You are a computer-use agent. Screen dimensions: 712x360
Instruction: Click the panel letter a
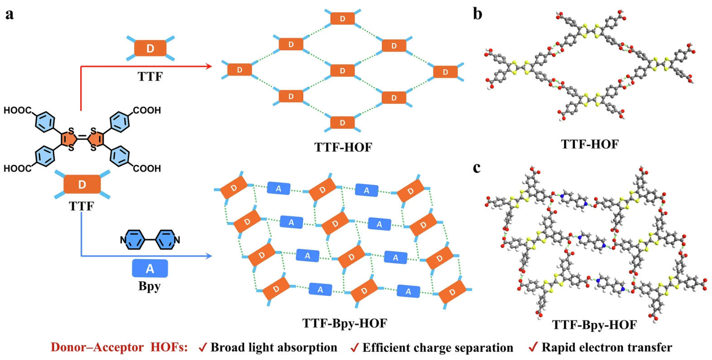(x=10, y=14)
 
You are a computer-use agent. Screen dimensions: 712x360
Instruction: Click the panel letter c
(x=477, y=168)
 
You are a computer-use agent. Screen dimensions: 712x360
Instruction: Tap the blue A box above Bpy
(x=150, y=268)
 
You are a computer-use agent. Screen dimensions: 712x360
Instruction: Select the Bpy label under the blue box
(x=149, y=286)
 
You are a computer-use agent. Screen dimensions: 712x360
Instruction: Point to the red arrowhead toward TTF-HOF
(x=209, y=66)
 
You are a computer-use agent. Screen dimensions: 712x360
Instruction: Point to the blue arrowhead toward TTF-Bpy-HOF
(x=209, y=256)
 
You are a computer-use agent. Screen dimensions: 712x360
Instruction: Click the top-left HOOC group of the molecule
(x=18, y=110)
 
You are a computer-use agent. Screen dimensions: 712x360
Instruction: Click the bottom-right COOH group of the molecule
(x=147, y=168)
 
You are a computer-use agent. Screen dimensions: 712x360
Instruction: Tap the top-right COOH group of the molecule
(x=147, y=110)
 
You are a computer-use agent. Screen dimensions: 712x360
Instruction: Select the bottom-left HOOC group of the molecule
(x=18, y=168)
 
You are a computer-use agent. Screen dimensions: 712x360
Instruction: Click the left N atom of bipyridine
(x=123, y=240)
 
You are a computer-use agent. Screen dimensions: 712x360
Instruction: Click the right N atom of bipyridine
(x=177, y=240)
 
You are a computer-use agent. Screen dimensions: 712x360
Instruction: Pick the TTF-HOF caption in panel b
(x=590, y=144)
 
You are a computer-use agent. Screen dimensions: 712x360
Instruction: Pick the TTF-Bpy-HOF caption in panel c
(x=595, y=325)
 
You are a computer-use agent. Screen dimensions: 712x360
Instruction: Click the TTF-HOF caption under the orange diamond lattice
(x=343, y=147)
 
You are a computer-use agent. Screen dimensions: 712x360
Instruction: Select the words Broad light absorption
(x=274, y=348)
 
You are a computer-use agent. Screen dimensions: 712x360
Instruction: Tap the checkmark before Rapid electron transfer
(x=533, y=347)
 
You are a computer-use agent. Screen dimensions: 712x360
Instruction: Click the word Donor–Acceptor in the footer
(x=97, y=347)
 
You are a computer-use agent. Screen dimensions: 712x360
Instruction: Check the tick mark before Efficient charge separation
(x=354, y=347)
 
